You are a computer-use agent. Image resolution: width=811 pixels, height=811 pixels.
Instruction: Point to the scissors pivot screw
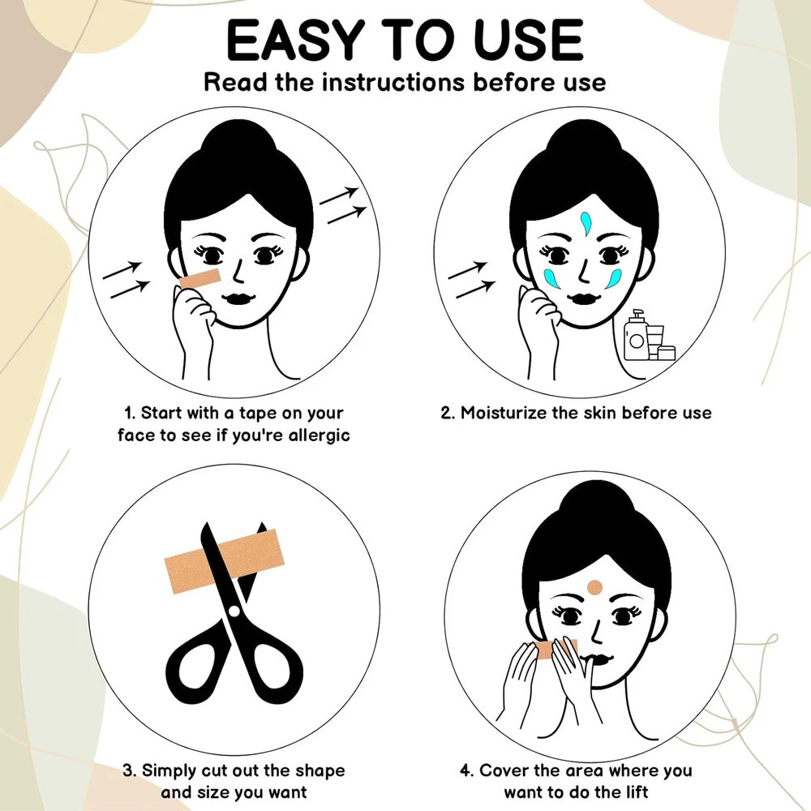234,611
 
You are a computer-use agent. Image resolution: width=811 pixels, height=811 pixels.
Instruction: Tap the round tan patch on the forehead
594,586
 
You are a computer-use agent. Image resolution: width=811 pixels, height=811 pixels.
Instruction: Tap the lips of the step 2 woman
583,298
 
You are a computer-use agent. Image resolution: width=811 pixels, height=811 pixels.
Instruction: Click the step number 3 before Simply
129,770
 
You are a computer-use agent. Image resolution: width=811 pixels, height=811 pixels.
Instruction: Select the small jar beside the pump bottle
667,352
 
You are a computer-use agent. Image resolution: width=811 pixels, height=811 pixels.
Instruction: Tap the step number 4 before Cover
466,770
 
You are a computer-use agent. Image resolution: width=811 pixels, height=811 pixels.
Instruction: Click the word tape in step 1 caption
258,414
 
